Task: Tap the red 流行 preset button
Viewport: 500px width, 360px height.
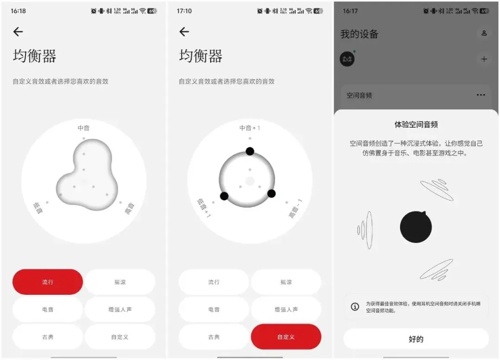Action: [x=48, y=282]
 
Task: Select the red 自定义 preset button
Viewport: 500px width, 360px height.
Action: [x=286, y=337]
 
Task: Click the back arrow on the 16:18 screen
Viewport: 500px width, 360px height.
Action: [x=18, y=31]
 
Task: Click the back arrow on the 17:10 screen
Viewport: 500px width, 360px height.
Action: [x=184, y=31]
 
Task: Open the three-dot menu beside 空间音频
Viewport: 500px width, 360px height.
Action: [x=481, y=95]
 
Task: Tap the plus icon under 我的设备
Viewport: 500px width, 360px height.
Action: [x=484, y=59]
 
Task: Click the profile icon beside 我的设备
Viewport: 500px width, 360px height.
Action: [x=484, y=33]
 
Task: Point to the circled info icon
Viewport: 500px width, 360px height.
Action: [x=355, y=306]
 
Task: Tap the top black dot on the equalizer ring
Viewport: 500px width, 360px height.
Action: [x=250, y=151]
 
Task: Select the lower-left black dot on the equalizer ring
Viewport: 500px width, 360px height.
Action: [x=224, y=196]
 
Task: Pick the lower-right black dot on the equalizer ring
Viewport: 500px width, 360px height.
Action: [x=271, y=193]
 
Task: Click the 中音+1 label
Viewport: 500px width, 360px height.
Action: [x=250, y=128]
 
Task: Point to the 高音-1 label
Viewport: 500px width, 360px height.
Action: [x=295, y=209]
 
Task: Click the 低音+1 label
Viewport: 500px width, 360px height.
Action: [x=204, y=208]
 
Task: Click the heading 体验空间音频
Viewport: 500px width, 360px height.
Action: [x=416, y=124]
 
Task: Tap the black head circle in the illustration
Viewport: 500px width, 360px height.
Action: [x=416, y=227]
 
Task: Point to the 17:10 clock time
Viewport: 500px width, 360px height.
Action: [x=184, y=11]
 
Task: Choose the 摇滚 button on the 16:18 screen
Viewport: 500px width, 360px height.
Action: [x=120, y=282]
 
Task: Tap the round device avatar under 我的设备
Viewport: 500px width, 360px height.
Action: [x=347, y=59]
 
